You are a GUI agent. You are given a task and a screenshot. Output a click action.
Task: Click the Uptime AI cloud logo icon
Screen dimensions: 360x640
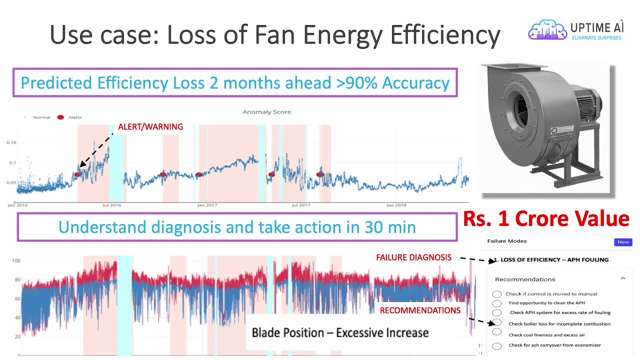coord(547,30)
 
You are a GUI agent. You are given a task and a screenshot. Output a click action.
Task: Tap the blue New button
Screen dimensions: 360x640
coord(623,242)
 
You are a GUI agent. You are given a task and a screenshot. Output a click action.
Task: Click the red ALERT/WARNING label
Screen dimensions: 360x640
coord(150,127)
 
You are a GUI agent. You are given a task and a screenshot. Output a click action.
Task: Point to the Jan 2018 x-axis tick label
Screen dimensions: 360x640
coord(396,205)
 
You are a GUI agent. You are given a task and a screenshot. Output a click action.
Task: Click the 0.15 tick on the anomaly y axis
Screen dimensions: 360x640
coord(10,142)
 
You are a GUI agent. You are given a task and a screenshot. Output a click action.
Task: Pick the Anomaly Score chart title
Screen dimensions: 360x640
coord(266,112)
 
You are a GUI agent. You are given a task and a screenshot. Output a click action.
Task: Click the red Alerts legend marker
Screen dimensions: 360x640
coord(60,117)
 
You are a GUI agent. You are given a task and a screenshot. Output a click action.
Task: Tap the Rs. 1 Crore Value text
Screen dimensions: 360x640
coord(545,219)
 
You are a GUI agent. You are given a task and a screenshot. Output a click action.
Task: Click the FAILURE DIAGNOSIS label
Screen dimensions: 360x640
coord(413,257)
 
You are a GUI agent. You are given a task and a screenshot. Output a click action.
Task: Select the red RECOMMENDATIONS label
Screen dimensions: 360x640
coord(420,310)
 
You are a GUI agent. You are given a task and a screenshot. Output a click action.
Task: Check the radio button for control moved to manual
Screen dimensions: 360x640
coord(496,294)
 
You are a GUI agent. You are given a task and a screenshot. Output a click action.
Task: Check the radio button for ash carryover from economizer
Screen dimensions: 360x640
coord(496,346)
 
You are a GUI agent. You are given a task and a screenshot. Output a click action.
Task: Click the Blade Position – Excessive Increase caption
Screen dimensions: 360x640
coord(340,332)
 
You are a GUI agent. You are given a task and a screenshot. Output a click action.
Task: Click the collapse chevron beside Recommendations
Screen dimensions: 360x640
coord(622,278)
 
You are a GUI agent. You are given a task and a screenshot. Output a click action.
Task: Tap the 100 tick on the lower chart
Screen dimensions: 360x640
coord(16,261)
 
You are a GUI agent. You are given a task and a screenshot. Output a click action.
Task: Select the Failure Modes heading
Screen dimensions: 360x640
coord(506,241)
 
